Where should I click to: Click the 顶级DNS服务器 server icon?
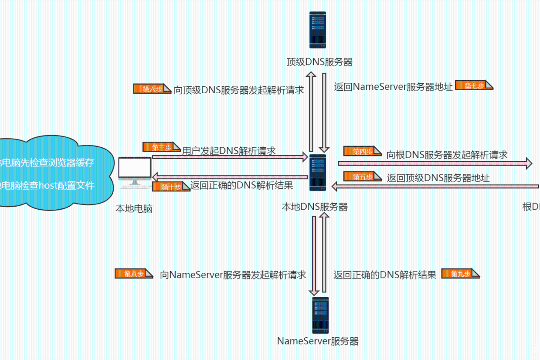tap(318, 30)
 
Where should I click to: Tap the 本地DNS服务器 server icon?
tap(318, 173)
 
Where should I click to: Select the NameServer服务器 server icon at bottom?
tap(320, 315)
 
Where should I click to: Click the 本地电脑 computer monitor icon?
tap(135, 170)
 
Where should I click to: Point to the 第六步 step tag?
tap(152, 89)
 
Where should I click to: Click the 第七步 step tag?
tap(474, 85)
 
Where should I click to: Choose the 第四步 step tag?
tap(362, 151)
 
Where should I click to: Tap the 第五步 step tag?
tap(362, 177)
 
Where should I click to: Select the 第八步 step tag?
tap(133, 274)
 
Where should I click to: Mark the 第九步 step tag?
tap(460, 274)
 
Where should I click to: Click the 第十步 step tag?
tap(171, 187)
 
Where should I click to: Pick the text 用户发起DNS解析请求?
tap(229, 151)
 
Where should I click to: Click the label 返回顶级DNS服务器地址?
tap(438, 178)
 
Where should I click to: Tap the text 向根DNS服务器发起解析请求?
tap(447, 155)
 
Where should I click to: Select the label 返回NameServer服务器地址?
tap(393, 86)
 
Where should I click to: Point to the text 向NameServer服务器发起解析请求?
tap(233, 275)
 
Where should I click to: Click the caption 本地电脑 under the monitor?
tap(134, 209)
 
